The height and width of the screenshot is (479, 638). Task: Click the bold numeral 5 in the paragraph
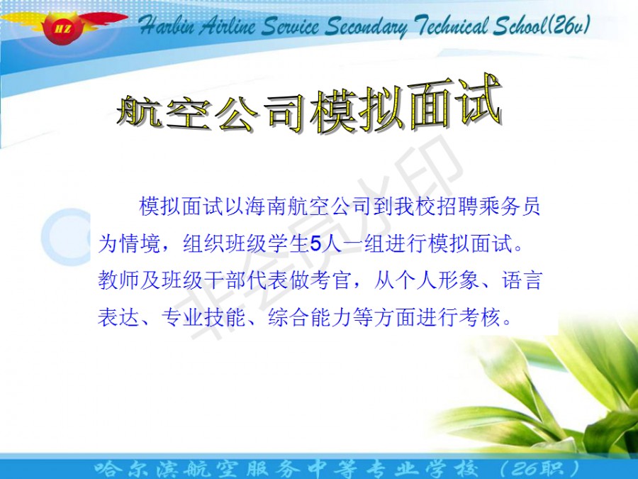point(315,244)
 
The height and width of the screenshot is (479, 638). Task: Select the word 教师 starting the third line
point(119,280)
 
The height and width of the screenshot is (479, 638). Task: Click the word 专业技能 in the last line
point(203,317)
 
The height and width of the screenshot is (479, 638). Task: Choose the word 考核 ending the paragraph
point(479,317)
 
